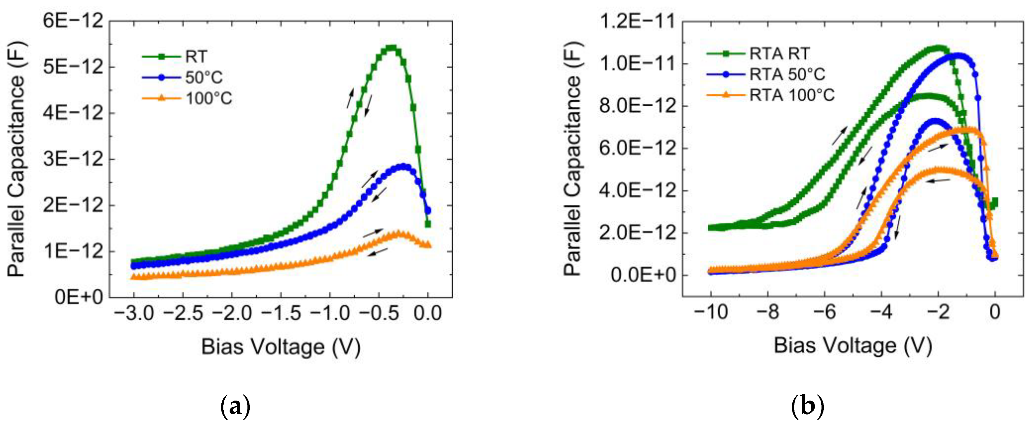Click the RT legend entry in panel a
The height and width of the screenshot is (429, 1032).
pyautogui.click(x=196, y=57)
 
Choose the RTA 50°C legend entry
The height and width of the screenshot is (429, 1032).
pyautogui.click(x=787, y=75)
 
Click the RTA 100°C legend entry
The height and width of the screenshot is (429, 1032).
pyautogui.click(x=791, y=95)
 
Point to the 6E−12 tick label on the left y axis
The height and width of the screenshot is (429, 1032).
pyautogui.click(x=73, y=20)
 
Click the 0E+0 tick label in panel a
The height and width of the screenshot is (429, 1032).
pyautogui.click(x=79, y=297)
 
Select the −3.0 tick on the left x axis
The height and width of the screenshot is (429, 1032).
pyautogui.click(x=134, y=313)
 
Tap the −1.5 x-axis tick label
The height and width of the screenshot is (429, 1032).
pyautogui.click(x=281, y=313)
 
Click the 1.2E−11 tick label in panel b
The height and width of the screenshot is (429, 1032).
pyautogui.click(x=637, y=21)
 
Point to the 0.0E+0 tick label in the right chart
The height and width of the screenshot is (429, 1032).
pyautogui.click(x=643, y=275)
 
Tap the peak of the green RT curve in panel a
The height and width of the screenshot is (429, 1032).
pyautogui.click(x=391, y=48)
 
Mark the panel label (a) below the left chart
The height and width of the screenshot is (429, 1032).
pyautogui.click(x=236, y=407)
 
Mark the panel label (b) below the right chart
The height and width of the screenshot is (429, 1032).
pyautogui.click(x=807, y=407)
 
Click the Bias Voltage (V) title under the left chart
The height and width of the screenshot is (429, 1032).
pyautogui.click(x=281, y=347)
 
